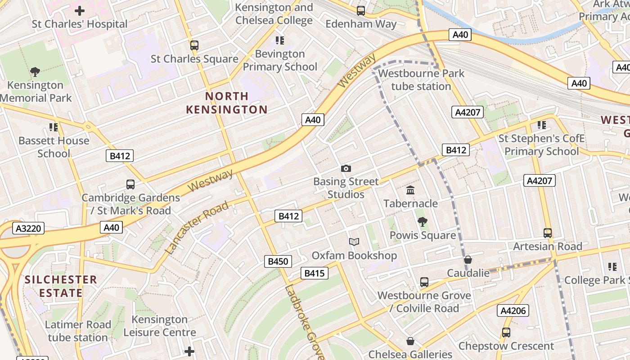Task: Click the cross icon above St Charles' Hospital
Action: tap(80, 10)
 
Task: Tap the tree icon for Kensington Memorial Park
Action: tap(35, 72)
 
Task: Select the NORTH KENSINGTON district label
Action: tap(227, 103)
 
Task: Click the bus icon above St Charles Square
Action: tap(194, 45)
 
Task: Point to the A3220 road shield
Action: tap(28, 228)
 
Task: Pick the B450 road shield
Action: tap(278, 261)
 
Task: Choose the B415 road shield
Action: tap(314, 273)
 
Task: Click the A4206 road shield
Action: tap(513, 310)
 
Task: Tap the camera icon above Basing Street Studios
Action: tap(346, 169)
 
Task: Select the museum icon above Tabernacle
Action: tap(410, 190)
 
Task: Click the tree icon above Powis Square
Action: tap(422, 221)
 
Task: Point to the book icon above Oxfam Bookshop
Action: tap(354, 242)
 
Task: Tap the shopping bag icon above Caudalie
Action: tap(468, 260)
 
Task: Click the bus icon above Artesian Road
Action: tap(548, 233)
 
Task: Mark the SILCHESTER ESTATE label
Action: tap(61, 286)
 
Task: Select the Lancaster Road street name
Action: tap(197, 228)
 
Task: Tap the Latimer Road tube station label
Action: tap(77, 331)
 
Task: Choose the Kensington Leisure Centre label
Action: tap(159, 326)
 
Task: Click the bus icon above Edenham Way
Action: tap(360, 10)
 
